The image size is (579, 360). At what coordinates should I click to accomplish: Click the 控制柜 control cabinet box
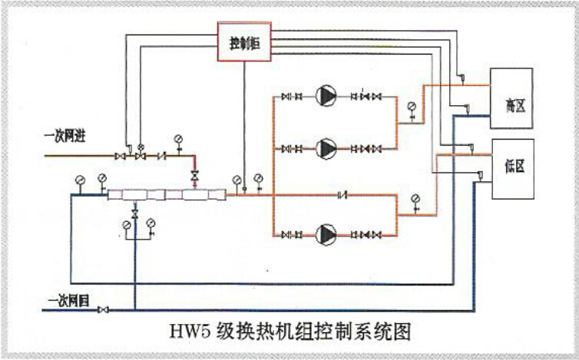click(x=246, y=45)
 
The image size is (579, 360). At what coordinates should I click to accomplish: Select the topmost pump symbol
click(x=326, y=97)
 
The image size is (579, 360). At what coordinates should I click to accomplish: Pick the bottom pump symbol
click(x=326, y=233)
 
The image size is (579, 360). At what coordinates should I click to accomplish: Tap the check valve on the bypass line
click(x=344, y=194)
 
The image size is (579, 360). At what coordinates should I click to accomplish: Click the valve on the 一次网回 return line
click(x=104, y=309)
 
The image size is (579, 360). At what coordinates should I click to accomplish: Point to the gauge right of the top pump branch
click(x=412, y=107)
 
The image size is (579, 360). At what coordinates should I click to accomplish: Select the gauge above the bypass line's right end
click(x=415, y=199)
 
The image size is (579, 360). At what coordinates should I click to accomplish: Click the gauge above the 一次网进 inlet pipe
click(x=178, y=139)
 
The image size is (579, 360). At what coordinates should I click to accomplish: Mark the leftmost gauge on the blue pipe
click(x=80, y=180)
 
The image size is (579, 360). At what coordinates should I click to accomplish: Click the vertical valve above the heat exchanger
click(x=194, y=177)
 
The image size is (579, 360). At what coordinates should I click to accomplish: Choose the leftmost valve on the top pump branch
click(x=286, y=97)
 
